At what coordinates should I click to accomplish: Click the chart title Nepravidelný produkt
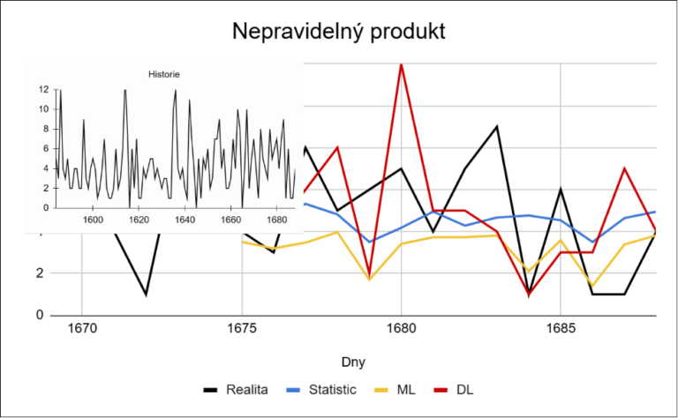click(339, 32)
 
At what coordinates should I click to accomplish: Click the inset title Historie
click(164, 74)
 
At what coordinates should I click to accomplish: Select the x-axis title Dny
click(353, 362)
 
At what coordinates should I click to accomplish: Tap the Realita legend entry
click(236, 390)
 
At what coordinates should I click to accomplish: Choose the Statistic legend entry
click(321, 390)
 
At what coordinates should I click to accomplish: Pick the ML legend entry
click(395, 390)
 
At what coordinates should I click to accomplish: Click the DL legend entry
click(454, 390)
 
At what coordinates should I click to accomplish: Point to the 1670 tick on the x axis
click(82, 329)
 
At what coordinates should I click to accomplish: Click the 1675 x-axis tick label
click(242, 329)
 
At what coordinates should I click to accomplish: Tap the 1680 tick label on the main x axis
click(402, 329)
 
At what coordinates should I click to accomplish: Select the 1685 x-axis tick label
click(561, 329)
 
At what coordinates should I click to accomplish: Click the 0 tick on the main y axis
click(40, 315)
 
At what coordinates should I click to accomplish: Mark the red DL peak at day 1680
click(402, 64)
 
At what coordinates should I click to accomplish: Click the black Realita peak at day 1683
click(497, 126)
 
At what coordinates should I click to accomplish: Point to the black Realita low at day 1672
click(147, 295)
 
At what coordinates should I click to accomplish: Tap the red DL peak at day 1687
click(624, 168)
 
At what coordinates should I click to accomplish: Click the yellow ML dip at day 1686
click(592, 286)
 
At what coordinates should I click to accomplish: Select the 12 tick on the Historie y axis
click(43, 90)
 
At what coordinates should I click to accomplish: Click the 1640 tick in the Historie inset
click(185, 220)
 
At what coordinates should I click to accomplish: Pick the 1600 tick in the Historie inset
click(93, 220)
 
